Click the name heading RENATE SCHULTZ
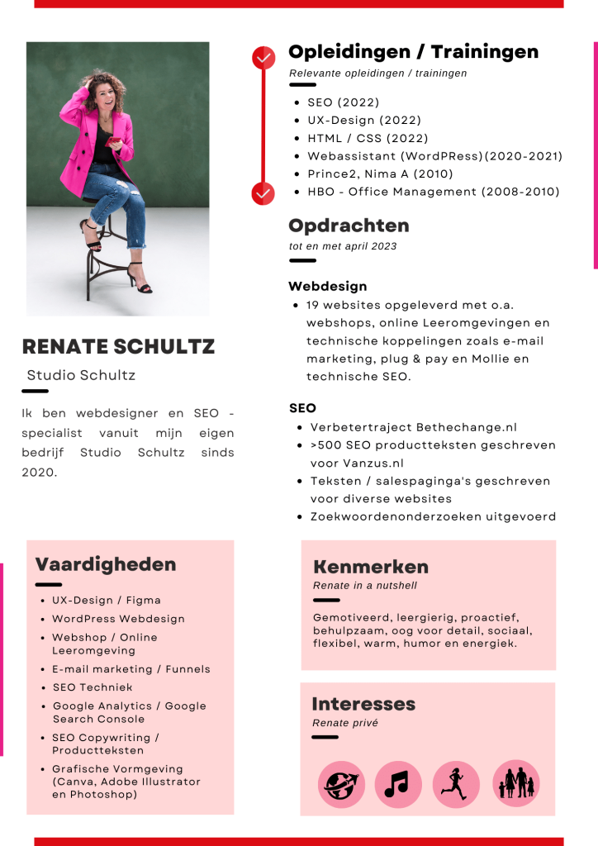tap(118, 347)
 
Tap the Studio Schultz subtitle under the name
tap(81, 375)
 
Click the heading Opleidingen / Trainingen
tap(413, 53)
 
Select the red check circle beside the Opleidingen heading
tap(263, 57)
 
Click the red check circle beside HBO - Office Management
tap(263, 192)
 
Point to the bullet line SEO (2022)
tap(343, 102)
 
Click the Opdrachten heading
tap(349, 226)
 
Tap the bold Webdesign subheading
tap(327, 287)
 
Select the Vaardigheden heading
tap(106, 564)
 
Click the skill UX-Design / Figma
tap(107, 601)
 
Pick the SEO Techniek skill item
tap(93, 687)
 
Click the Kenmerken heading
tap(371, 567)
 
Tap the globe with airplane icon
tap(341, 783)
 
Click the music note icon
tap(397, 783)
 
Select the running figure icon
tap(455, 783)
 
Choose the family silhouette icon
tap(515, 783)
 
